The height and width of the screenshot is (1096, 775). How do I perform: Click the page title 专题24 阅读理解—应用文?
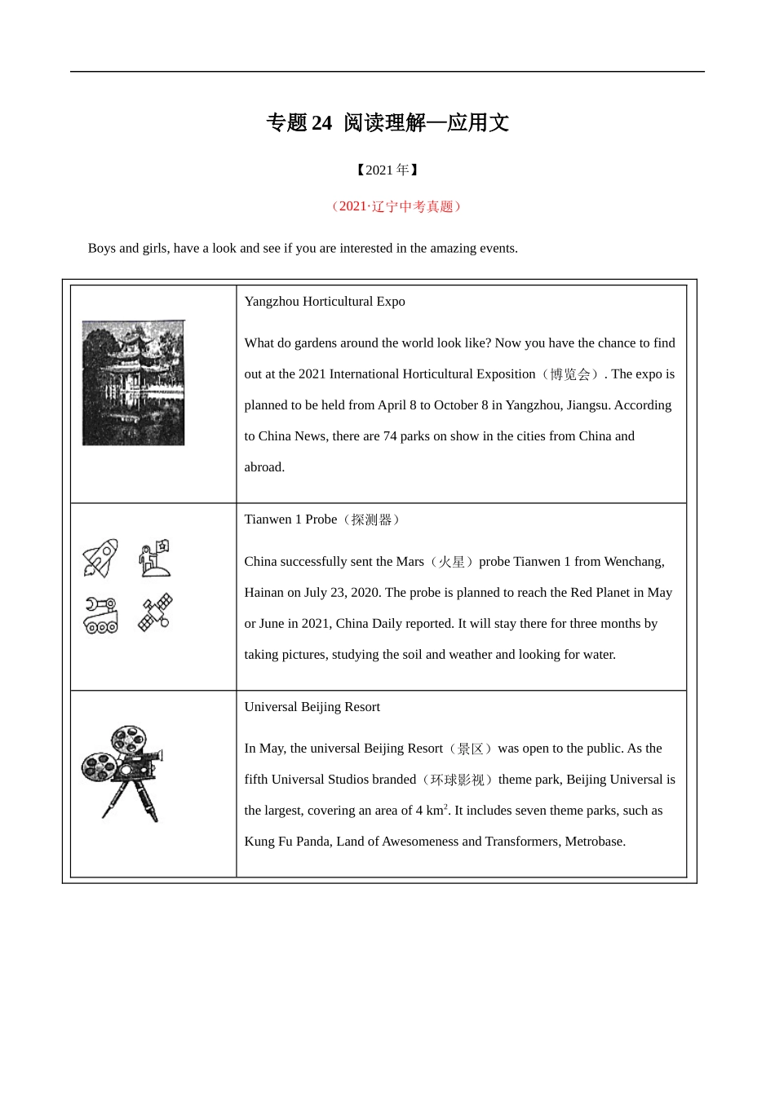387,123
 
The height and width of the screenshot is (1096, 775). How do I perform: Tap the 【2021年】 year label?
387,170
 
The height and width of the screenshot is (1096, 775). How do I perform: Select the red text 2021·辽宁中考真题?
396,206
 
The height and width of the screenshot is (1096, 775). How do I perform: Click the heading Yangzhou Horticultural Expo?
325,302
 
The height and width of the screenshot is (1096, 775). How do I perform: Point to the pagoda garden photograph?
134,382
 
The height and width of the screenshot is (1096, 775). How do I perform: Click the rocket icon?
100,559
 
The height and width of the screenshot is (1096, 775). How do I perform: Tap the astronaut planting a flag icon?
154,558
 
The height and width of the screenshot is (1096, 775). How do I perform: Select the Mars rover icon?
100,615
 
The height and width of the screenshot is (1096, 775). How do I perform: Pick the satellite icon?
155,612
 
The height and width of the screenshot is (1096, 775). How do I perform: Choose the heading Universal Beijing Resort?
312,707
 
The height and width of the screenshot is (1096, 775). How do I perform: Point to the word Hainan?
263,593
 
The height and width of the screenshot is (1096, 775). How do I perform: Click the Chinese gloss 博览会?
570,374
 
